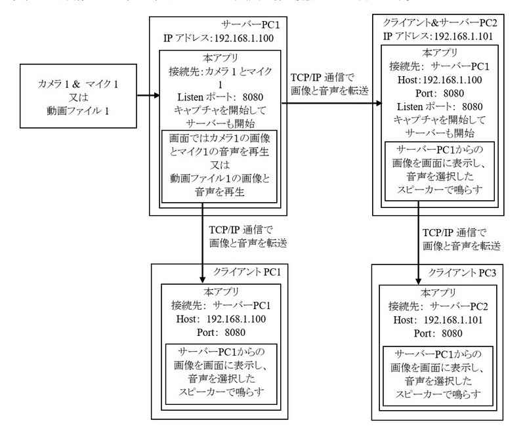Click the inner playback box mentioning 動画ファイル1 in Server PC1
coord(216,167)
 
